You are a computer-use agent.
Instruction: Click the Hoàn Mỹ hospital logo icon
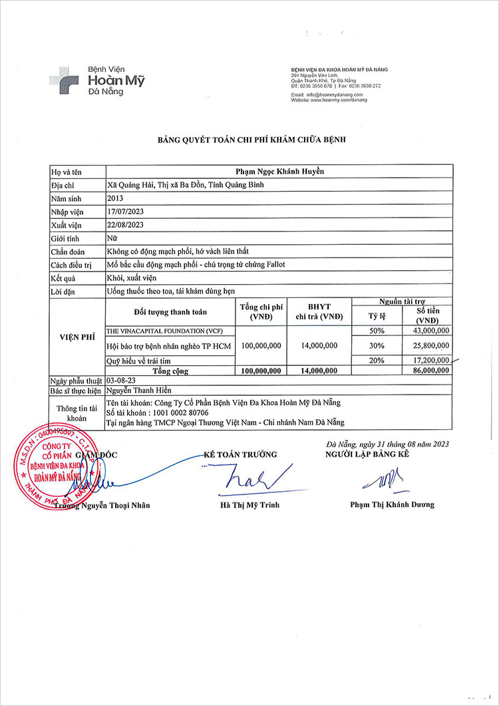(64, 80)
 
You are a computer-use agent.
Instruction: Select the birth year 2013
(115, 198)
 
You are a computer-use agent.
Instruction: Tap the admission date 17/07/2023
(126, 212)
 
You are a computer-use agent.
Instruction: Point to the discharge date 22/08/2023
(126, 225)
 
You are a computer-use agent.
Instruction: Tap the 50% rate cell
(377, 331)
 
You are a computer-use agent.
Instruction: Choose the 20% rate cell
(377, 360)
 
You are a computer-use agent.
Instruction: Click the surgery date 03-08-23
(121, 380)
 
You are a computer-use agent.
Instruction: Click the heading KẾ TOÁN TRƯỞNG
(240, 454)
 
